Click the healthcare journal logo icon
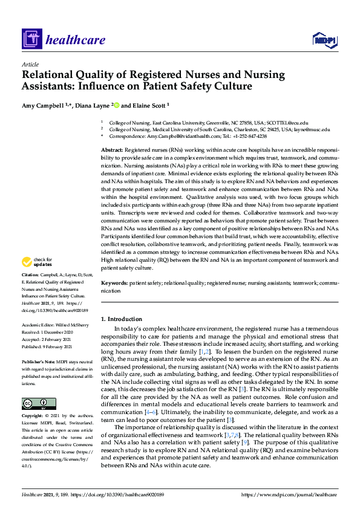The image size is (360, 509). coord(30,41)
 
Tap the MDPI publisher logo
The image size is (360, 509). coord(326,41)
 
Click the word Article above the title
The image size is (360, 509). coord(30,63)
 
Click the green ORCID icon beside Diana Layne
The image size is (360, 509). coord(117,105)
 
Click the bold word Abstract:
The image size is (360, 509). coord(112,149)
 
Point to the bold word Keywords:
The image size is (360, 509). coord(114,283)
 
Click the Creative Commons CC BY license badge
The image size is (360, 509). coord(35,404)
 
